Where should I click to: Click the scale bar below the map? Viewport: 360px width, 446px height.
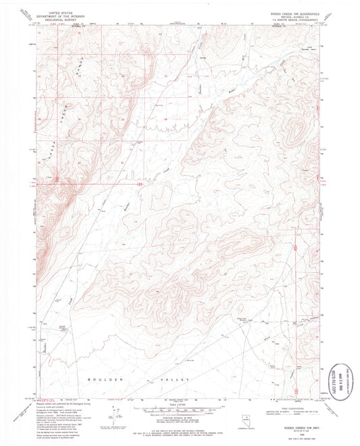(179, 408)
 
